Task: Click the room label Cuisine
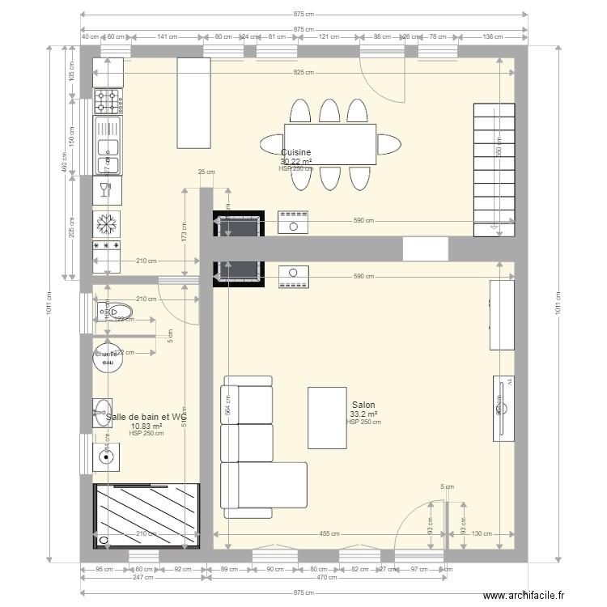click(296, 152)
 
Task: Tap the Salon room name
click(363, 405)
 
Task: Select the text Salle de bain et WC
click(146, 417)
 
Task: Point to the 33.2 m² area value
click(365, 414)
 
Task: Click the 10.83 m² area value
click(146, 426)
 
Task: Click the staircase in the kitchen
click(493, 170)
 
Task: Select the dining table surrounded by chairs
click(330, 144)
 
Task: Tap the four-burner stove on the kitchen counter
click(108, 101)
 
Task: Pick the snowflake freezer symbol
click(108, 222)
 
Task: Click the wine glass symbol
click(104, 190)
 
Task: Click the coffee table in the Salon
click(326, 418)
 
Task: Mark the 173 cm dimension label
click(184, 232)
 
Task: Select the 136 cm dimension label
click(493, 36)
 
